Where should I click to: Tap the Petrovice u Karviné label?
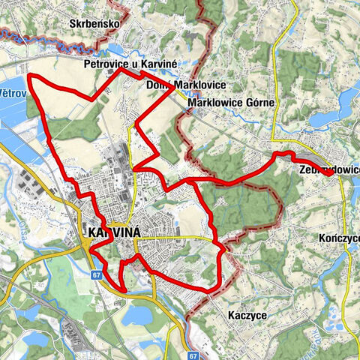point(130,65)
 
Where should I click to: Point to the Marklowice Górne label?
point(232,101)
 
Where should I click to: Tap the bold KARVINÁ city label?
point(114,234)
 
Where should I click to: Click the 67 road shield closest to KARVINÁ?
point(97,275)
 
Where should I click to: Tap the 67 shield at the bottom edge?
point(193,355)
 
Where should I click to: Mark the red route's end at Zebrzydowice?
point(330,172)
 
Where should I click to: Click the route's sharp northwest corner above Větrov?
point(28,76)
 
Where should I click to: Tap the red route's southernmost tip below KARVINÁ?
point(123,288)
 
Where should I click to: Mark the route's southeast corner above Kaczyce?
point(218,288)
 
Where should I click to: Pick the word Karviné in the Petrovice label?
point(157,65)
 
